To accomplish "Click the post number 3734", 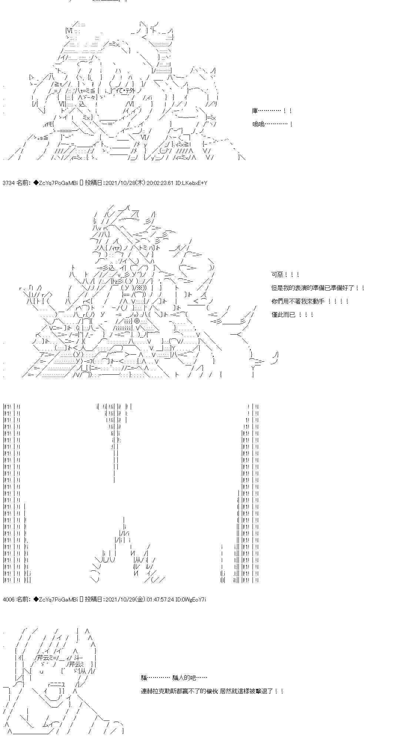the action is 8,183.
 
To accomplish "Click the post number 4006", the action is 8,599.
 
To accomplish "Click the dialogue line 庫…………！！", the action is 272,111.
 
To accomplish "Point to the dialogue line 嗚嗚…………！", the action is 273,124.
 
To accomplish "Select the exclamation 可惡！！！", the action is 285,275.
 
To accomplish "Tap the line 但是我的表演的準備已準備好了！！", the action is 318,288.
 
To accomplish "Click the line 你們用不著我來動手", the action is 298,301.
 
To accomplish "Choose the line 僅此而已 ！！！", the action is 293,315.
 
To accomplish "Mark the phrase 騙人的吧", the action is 184,678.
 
